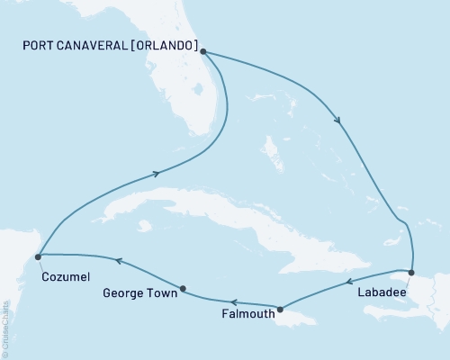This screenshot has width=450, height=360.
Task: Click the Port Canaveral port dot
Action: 204,51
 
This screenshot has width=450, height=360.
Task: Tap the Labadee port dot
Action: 411,272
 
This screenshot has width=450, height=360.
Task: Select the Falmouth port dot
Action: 280,310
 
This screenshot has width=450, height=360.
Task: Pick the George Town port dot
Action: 183,289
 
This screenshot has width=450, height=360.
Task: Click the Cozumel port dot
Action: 38,256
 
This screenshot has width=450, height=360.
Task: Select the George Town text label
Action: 138,293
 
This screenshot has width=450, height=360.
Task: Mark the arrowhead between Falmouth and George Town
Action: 232,302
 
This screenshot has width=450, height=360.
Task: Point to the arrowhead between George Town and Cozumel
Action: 117,262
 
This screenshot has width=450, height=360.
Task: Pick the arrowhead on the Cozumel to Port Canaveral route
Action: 157,175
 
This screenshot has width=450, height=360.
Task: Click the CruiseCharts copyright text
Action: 5,328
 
